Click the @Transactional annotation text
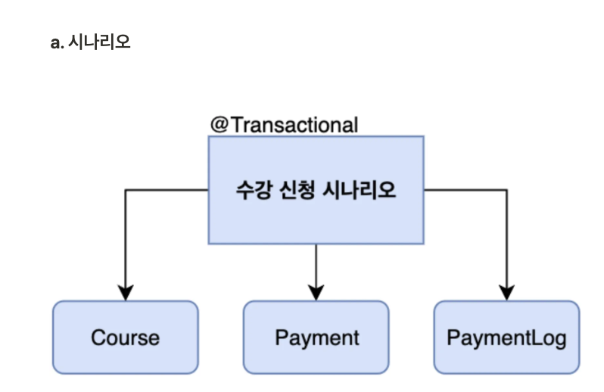[284, 125]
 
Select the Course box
[126, 337]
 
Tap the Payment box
[316, 337]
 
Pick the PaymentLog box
[506, 337]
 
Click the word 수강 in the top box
[251, 190]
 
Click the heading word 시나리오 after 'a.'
[99, 42]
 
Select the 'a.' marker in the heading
[57, 42]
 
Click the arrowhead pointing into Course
[126, 293]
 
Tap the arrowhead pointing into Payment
[316, 293]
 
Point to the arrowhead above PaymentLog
[506, 293]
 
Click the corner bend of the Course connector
[126, 190]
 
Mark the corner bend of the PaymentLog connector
[506, 190]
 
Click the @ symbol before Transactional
[219, 125]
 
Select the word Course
[126, 338]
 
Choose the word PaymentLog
[506, 338]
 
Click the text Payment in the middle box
[317, 338]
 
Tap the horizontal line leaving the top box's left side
[167, 190]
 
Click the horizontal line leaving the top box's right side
[465, 190]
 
